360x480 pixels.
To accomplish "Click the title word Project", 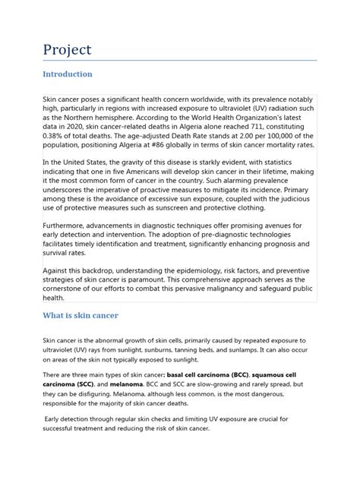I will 68,49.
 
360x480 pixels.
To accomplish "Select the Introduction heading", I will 68,74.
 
